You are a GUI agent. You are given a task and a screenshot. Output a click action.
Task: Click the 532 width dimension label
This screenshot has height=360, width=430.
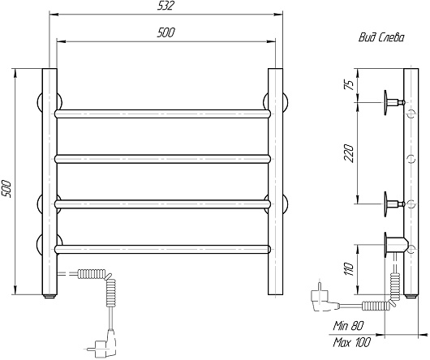[x=166, y=6]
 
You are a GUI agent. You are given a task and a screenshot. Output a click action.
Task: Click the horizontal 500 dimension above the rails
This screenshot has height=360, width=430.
[x=166, y=32]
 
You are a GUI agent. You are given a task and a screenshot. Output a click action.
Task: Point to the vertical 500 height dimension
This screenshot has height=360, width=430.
[x=6, y=189]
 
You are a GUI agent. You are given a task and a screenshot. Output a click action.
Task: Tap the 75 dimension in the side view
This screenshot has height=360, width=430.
[x=349, y=85]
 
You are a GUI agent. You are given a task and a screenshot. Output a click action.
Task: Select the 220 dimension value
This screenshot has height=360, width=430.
[x=349, y=153]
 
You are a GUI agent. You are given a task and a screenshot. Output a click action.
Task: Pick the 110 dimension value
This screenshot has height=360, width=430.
[x=349, y=269]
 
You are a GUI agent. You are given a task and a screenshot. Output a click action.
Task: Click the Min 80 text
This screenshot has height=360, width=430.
[x=348, y=326]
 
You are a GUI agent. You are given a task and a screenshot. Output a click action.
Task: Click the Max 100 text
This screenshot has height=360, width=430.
[x=351, y=342]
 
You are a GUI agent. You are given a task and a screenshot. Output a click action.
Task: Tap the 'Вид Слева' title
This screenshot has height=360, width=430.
[x=381, y=37]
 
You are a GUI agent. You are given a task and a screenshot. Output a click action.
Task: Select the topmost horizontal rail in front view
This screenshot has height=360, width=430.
[x=163, y=114]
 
